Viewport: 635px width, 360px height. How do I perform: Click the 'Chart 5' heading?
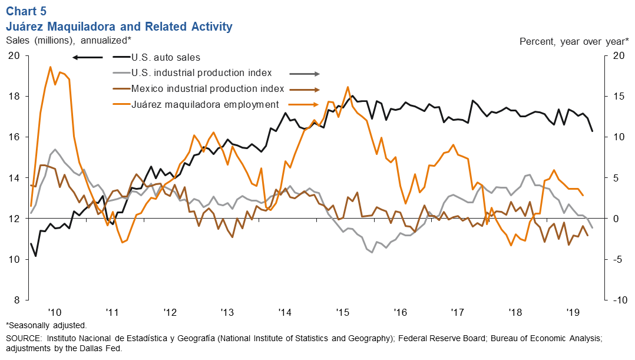27,11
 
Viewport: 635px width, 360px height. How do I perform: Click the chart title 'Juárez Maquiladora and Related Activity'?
119,27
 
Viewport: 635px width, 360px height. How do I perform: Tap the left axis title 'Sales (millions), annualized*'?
68,40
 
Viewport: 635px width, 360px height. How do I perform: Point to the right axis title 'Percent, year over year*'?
574,41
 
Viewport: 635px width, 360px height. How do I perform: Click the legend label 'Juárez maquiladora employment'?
204,104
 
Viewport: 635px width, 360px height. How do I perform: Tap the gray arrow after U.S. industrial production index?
304,74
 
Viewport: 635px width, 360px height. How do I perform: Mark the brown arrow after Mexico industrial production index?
305,90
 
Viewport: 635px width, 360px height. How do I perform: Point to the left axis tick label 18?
14,96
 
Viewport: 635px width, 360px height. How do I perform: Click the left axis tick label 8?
16,300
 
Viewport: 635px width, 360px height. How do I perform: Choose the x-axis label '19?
572,312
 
